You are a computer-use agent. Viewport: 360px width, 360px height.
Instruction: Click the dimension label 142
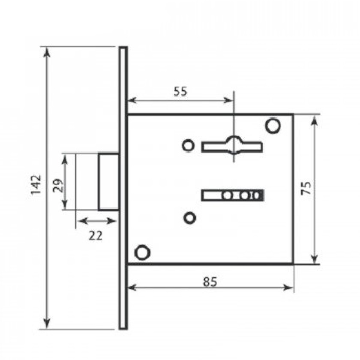(x=36, y=185)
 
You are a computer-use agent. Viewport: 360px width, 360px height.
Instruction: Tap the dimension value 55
(x=180, y=91)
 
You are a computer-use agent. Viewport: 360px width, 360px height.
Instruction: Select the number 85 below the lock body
(x=210, y=282)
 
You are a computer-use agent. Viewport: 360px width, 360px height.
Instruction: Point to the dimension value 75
(x=306, y=188)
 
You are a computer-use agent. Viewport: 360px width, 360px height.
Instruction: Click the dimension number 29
(x=58, y=186)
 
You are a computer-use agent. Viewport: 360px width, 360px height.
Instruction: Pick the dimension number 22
(x=96, y=235)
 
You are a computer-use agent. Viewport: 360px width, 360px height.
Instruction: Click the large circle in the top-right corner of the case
(x=273, y=125)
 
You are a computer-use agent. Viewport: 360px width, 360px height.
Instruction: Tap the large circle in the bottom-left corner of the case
(x=142, y=252)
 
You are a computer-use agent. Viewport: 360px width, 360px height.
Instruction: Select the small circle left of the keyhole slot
(x=188, y=146)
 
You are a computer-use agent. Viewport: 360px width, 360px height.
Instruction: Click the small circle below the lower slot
(x=190, y=217)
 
